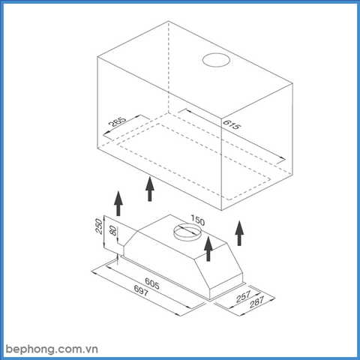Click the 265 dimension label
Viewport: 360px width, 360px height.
click(x=118, y=121)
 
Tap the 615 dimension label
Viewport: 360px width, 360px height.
click(x=232, y=124)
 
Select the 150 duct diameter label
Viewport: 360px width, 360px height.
click(x=198, y=220)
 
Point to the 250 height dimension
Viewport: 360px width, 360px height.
click(x=99, y=226)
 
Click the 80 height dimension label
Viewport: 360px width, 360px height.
click(x=113, y=230)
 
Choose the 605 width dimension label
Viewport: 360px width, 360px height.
click(x=152, y=283)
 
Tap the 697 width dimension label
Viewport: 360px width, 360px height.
click(x=141, y=290)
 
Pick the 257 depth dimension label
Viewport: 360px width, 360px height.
click(x=243, y=296)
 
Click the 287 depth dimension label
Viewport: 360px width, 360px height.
click(x=256, y=301)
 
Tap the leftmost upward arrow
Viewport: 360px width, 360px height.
click(x=118, y=203)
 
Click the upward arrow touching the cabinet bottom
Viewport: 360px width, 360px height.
click(x=150, y=189)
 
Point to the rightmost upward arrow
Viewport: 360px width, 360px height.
click(x=239, y=233)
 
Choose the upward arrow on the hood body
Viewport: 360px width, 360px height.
click(x=208, y=249)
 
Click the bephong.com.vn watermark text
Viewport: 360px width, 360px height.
click(x=52, y=349)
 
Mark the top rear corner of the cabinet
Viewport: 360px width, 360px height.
click(x=169, y=21)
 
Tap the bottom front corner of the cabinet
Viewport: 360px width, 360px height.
click(x=222, y=211)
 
